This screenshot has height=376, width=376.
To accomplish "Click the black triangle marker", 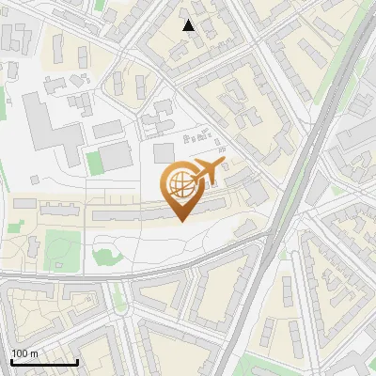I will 189,25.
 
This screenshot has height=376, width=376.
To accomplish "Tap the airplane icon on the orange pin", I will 206,173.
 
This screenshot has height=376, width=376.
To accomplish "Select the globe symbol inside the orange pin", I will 180,185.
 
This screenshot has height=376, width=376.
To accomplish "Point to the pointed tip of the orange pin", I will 181,221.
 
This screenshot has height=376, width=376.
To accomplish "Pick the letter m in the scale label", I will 35,353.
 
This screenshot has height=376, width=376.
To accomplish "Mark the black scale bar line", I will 44,362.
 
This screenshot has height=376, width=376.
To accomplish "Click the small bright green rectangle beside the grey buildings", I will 94,163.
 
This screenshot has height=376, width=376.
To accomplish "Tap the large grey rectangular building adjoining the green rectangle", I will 117,156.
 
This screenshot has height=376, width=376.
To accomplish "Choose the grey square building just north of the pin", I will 164,152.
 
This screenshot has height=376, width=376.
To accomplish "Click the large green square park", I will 62,246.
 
